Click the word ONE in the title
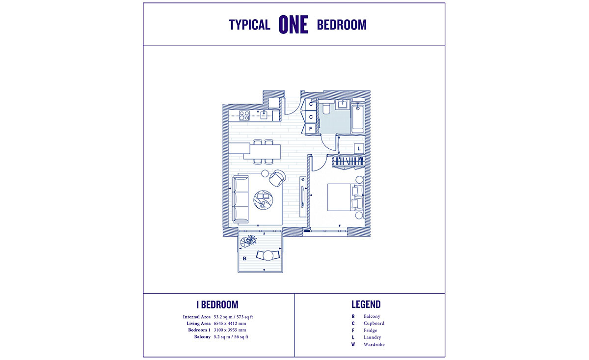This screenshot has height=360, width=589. [x=294, y=25]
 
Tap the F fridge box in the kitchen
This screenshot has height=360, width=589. [x=310, y=129]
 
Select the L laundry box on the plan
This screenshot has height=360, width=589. [x=359, y=148]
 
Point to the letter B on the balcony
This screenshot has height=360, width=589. [x=244, y=257]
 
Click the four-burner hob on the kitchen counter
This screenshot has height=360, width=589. [x=244, y=116]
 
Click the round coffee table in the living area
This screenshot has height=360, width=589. [x=264, y=199]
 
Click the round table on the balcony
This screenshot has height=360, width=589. [x=268, y=255]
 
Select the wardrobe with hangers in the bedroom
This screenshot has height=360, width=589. [x=348, y=162]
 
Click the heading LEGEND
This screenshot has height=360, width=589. [x=366, y=305]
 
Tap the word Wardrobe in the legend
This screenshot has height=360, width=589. [x=374, y=345]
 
